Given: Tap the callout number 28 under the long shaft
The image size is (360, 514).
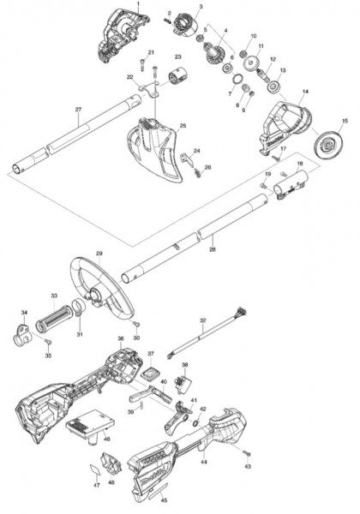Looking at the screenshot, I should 213,249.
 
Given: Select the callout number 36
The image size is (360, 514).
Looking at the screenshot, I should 121,338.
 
